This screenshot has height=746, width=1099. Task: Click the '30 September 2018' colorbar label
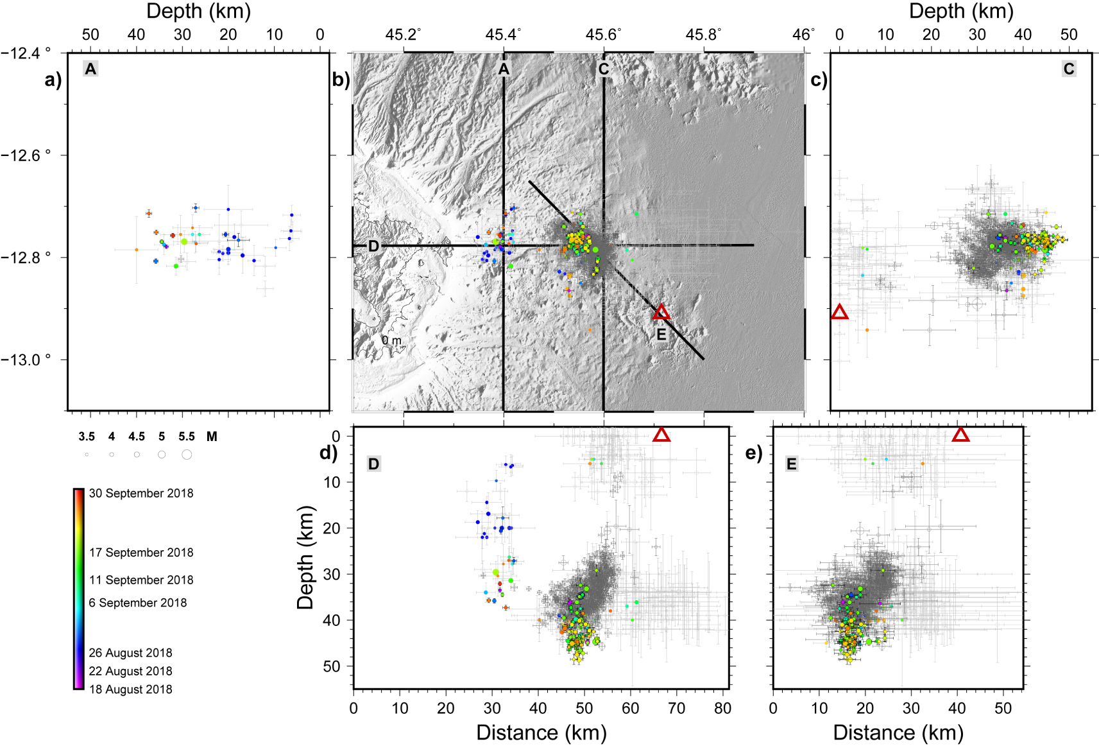141,493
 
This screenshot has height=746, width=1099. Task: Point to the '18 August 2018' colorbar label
130,689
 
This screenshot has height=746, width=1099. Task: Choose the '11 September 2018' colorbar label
141,580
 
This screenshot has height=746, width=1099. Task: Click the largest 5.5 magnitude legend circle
187,455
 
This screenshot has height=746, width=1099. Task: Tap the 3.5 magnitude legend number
87,437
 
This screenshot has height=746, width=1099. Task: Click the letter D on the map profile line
373,246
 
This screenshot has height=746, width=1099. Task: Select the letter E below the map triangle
661,335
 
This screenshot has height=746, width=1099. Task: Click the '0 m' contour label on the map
391,340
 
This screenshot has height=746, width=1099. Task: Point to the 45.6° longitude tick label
604,35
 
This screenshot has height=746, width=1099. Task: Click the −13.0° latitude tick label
26,360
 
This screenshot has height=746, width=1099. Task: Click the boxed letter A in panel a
90,69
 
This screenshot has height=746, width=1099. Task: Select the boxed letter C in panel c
1069,69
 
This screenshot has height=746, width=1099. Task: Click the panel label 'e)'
754,453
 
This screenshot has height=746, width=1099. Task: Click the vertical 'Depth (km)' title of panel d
305,557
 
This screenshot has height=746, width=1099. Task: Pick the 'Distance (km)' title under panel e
898,733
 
